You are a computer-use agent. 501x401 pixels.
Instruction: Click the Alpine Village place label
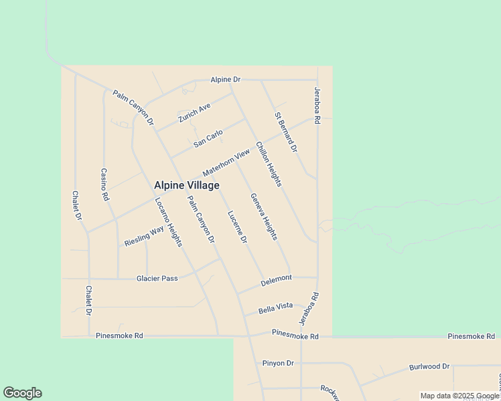click(x=186, y=185)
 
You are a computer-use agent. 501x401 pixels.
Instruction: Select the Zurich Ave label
click(x=194, y=112)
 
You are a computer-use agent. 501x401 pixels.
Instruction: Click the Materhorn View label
click(x=226, y=162)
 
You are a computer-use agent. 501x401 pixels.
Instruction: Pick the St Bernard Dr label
click(x=285, y=132)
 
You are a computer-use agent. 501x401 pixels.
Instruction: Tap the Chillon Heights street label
click(x=268, y=164)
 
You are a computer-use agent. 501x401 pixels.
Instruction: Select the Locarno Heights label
click(x=168, y=222)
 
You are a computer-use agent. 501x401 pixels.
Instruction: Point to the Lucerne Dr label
click(x=237, y=227)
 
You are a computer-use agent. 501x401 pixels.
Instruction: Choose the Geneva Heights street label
click(x=264, y=217)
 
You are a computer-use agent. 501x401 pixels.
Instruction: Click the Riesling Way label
click(x=144, y=236)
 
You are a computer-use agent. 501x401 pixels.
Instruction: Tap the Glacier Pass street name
click(x=157, y=278)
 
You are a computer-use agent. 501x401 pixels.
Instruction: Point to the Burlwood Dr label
click(x=429, y=367)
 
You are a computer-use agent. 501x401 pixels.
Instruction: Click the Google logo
click(x=22, y=393)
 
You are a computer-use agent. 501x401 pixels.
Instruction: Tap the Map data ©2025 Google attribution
click(x=459, y=396)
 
